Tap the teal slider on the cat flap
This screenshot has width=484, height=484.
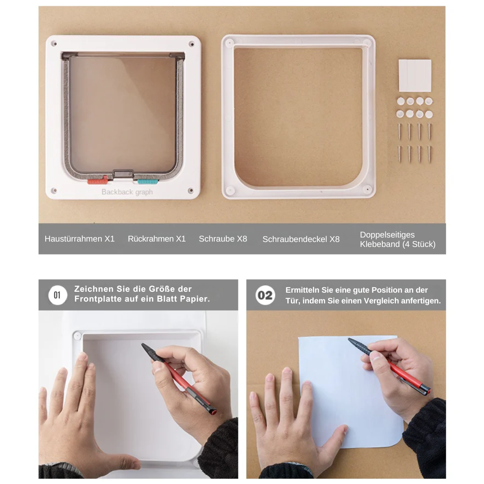click(147, 181)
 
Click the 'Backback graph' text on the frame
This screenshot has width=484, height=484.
click(127, 192)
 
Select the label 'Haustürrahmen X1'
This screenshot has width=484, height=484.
click(80, 238)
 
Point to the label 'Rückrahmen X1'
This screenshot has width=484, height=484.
click(157, 238)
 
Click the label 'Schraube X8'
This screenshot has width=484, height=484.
click(223, 238)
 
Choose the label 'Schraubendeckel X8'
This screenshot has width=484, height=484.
click(301, 239)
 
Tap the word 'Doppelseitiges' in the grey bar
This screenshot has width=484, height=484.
click(387, 234)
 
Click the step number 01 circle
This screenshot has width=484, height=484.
click(57, 295)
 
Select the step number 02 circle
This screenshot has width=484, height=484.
click(265, 295)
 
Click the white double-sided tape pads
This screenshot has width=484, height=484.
click(415, 76)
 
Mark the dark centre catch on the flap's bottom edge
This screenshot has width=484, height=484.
click(123, 173)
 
